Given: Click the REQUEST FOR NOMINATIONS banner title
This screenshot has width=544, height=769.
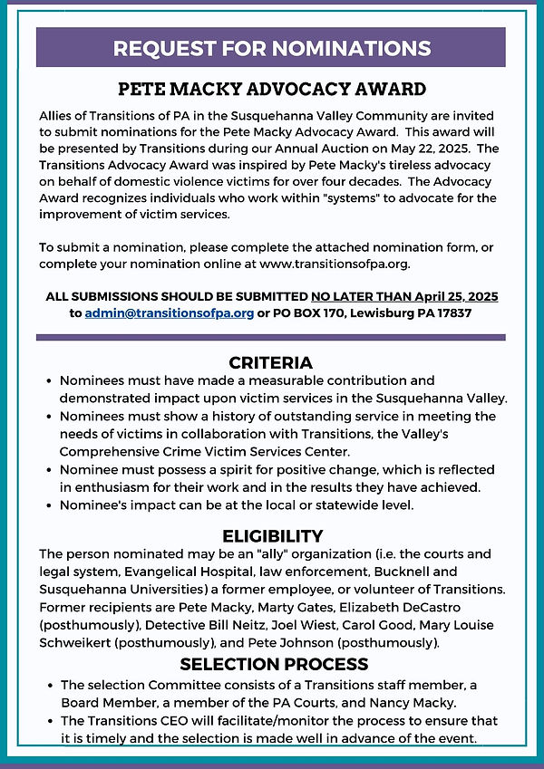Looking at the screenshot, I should (x=272, y=48).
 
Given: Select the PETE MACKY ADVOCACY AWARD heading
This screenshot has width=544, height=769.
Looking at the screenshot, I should (x=272, y=90).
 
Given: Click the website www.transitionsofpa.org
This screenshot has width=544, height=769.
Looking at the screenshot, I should (x=334, y=264).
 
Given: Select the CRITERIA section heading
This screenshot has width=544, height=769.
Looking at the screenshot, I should (x=271, y=362).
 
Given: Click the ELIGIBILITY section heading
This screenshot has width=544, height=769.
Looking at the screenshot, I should (x=272, y=535).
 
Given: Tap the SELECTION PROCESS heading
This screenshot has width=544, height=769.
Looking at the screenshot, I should (x=274, y=664).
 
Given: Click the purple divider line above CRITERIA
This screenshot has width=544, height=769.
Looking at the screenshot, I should (x=271, y=337).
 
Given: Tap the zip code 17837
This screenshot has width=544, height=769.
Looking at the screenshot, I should (x=453, y=312).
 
